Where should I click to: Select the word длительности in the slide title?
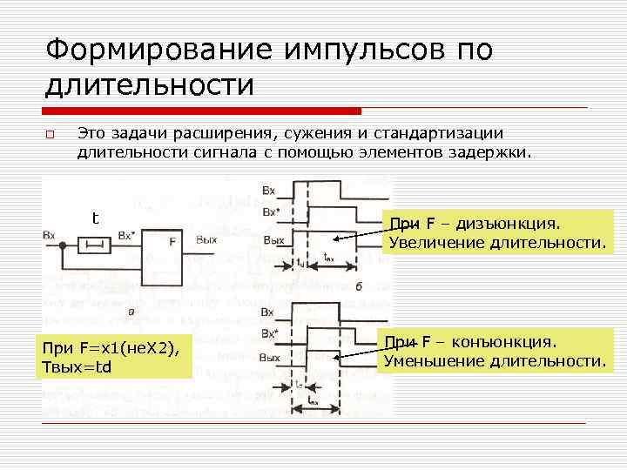pos(149,85)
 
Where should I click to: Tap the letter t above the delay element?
pos(96,218)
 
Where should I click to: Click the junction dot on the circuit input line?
pos(63,247)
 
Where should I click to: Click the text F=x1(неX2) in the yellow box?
pos(127,349)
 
